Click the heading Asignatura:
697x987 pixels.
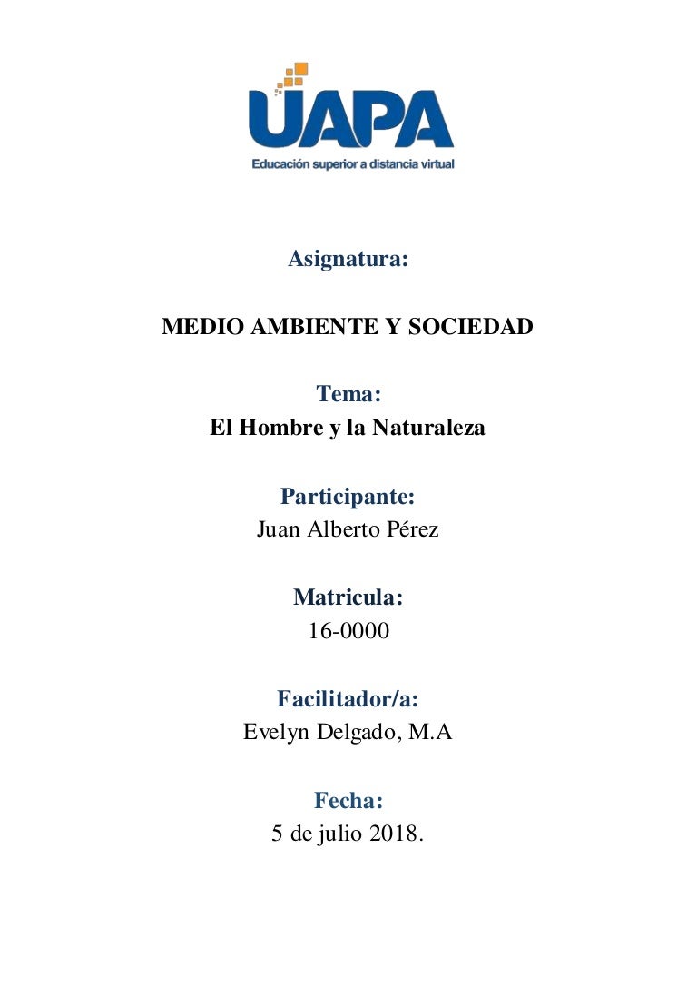348,260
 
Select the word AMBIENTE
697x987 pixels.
307,327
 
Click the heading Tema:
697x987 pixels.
348,394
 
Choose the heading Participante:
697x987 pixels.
348,496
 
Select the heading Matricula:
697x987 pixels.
348,597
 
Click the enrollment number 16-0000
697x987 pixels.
348,631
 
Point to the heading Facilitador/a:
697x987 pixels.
348,699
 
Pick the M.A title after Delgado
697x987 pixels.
430,733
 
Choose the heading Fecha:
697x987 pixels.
348,801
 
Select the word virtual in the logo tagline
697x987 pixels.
432,165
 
